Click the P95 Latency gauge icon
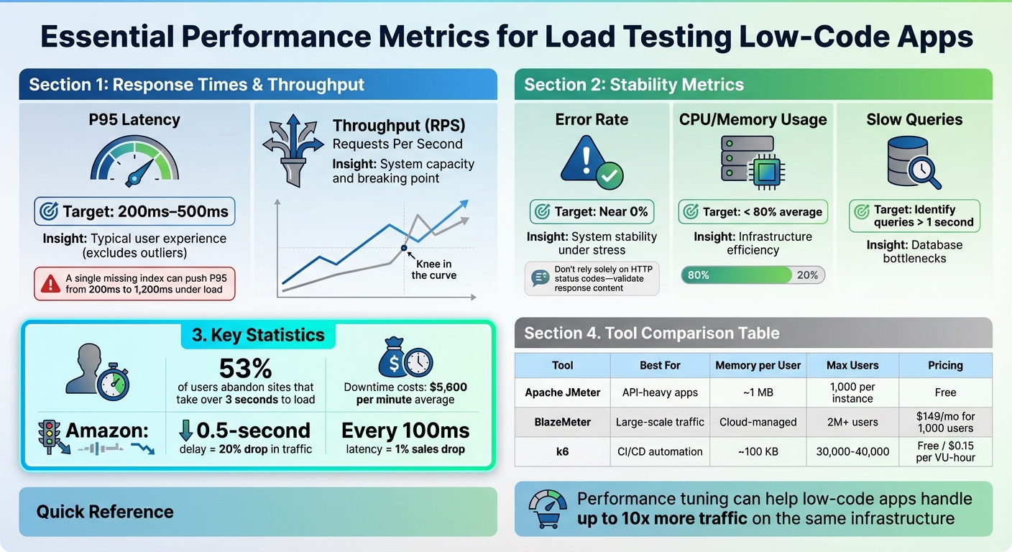click(x=134, y=159)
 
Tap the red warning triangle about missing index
click(x=50, y=283)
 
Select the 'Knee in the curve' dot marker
click(x=404, y=248)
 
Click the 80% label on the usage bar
click(x=699, y=275)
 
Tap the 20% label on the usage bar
click(x=807, y=275)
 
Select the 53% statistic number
click(x=246, y=369)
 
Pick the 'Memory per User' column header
click(x=758, y=365)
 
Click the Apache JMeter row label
click(x=562, y=392)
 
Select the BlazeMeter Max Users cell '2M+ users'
click(x=852, y=422)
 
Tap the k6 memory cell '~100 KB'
click(x=758, y=451)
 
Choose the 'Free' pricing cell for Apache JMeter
click(x=945, y=392)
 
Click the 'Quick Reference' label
click(x=105, y=512)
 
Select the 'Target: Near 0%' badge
click(x=592, y=212)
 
